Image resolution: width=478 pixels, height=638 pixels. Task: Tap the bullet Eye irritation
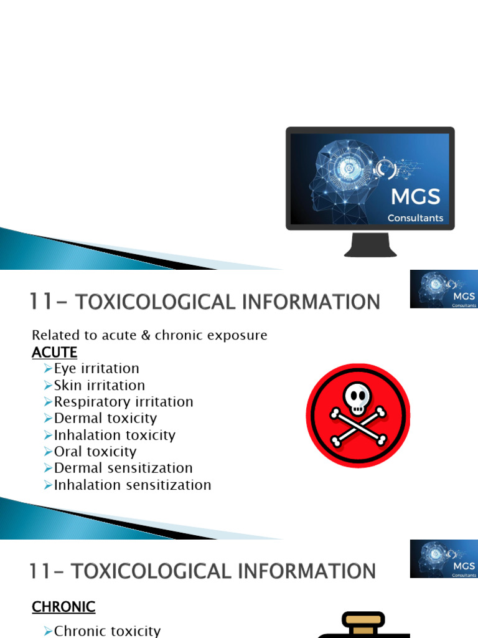point(96,368)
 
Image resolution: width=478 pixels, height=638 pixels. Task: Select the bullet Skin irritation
point(100,385)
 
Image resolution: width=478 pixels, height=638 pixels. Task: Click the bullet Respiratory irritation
point(123,402)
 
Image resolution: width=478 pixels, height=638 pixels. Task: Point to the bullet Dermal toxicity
point(105,418)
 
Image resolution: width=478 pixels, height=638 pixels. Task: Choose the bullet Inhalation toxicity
point(115,435)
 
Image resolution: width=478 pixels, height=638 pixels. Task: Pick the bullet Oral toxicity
point(95,451)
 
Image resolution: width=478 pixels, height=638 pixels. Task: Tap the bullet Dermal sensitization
point(123,468)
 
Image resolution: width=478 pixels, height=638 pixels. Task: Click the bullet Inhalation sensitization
point(133,485)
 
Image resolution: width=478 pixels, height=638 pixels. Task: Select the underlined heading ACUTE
point(55,352)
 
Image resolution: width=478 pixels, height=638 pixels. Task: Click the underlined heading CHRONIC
point(63,606)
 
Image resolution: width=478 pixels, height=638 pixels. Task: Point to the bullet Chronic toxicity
point(107,631)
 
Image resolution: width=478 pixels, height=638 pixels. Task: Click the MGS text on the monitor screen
point(415,198)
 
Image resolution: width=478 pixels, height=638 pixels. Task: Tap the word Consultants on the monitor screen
point(415,218)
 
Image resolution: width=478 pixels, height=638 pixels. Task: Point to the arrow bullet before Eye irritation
point(49,369)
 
